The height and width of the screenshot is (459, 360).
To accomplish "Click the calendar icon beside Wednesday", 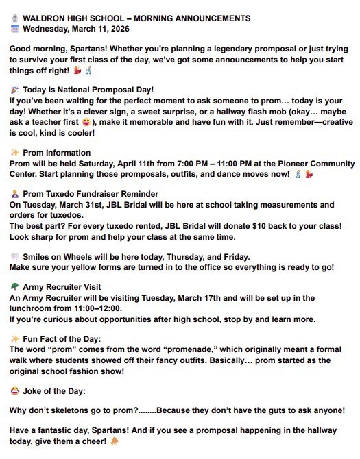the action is pyautogui.click(x=15, y=29).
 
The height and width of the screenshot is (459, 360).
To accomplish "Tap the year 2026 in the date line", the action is pyautogui.click(x=133, y=29).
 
